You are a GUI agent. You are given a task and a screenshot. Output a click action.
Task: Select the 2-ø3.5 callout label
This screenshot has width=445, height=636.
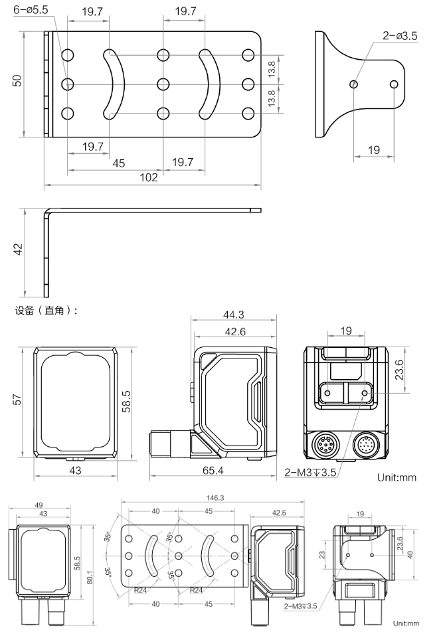point(400,37)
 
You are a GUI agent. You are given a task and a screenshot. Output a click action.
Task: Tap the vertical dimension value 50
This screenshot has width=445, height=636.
point(18,80)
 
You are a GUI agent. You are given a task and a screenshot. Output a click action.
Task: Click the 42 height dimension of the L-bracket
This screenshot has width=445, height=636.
point(18,249)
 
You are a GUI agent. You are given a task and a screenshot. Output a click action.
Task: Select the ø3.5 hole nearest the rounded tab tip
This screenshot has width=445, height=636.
point(394,84)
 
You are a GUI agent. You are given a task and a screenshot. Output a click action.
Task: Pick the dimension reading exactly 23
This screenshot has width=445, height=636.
point(324,555)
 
